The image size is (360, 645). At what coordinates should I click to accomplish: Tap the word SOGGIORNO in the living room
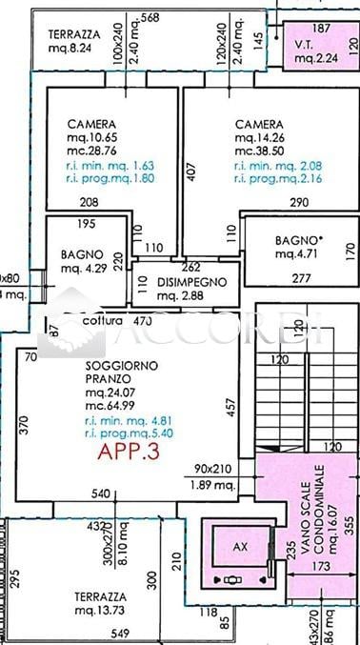pyautogui.click(x=107, y=365)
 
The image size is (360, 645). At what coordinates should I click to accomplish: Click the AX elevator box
pyautogui.click(x=239, y=547)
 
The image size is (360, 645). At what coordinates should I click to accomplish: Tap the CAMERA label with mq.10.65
pyautogui.click(x=91, y=125)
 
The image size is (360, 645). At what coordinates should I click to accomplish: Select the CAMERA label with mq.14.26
pyautogui.click(x=259, y=125)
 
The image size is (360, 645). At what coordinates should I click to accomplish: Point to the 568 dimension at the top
pyautogui.click(x=149, y=17)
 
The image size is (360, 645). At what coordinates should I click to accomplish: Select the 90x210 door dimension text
pyautogui.click(x=215, y=469)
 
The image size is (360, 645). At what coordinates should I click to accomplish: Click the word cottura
pyautogui.click(x=103, y=322)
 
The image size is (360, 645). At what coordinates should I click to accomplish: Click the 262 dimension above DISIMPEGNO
pyautogui.click(x=190, y=268)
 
